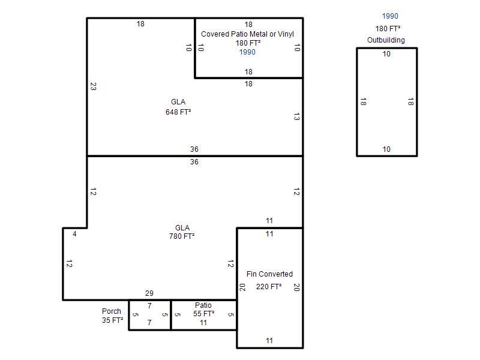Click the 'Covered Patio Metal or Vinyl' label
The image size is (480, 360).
pos(247,34)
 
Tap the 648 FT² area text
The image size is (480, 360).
pos(178,112)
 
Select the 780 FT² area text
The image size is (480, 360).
pos(182,236)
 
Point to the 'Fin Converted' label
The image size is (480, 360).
pos(269,274)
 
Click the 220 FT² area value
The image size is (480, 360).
pos(269,287)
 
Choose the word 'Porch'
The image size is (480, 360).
pos(112,311)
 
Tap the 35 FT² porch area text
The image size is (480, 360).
pos(112,320)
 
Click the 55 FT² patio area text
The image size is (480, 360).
pos(203,314)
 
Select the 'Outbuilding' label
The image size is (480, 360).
pos(386,40)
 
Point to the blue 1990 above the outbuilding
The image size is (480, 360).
pos(390,16)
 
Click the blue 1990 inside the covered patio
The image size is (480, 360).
pos(247,52)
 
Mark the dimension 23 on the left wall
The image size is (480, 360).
pos(94,86)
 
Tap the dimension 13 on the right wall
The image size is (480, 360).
pos(296,116)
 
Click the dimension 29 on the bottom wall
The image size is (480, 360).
pos(149,293)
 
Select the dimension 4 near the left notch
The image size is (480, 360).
pos(74,234)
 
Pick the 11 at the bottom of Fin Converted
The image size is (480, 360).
pos(269,340)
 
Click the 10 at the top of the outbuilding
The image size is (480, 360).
pos(386,54)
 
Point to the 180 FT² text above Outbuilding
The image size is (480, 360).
pos(388,28)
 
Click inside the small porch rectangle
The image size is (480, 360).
pos(149,314)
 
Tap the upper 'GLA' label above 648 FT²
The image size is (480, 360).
pos(178,102)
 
